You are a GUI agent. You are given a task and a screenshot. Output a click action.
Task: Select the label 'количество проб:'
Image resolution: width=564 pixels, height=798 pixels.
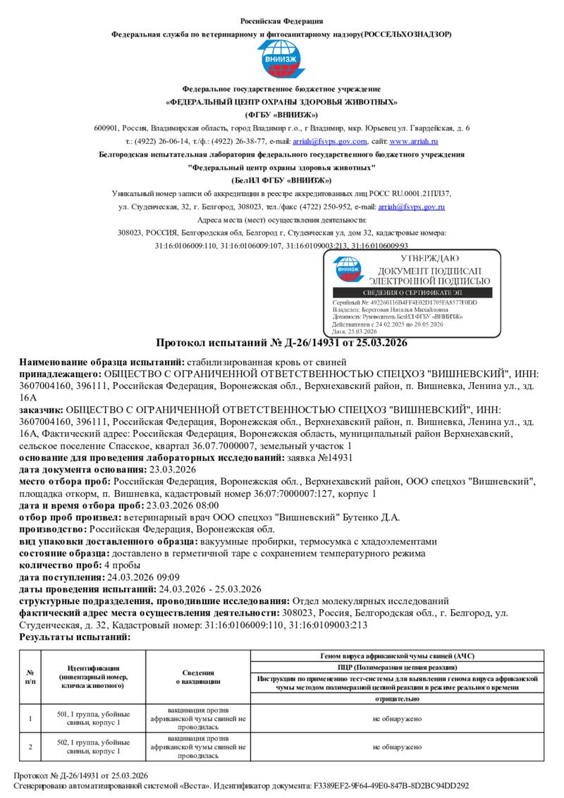point(60,565)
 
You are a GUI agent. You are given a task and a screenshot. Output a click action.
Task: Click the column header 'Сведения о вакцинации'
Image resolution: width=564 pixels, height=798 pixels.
point(198,677)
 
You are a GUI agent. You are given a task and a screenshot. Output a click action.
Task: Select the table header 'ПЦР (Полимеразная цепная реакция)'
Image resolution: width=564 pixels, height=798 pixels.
point(398,666)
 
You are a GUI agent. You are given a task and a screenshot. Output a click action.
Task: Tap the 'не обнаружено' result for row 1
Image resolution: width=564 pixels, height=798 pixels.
point(398,718)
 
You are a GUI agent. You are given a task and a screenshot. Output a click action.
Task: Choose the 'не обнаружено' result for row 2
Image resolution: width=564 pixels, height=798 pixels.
point(398,747)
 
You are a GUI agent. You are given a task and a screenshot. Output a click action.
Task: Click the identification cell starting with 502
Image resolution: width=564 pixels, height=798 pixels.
point(93,747)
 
